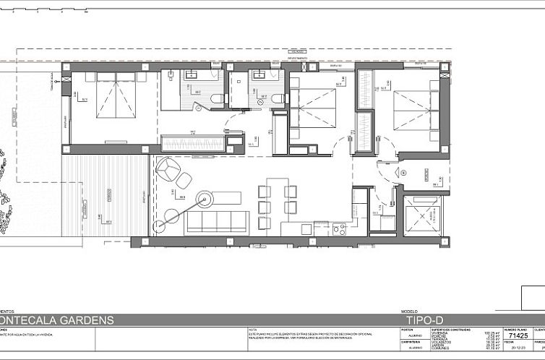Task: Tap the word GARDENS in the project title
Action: coord(86,320)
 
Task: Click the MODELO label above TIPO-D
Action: coord(409,311)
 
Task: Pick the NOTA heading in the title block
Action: coord(252,329)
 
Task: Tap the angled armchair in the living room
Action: coord(167,171)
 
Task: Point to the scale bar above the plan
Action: coord(43,11)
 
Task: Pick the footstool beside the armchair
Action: coord(185,180)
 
